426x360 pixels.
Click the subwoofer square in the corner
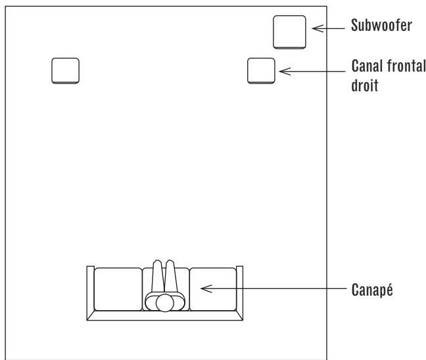(x=289, y=32)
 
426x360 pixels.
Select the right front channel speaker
(x=260, y=70)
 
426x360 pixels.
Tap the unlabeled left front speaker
(x=65, y=70)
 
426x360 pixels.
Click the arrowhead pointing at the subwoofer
(x=315, y=28)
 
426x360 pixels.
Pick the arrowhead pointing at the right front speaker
(x=283, y=70)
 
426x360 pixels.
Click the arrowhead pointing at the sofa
(x=204, y=288)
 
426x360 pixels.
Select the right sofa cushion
(x=212, y=288)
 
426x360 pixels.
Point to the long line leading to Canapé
(x=283, y=289)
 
